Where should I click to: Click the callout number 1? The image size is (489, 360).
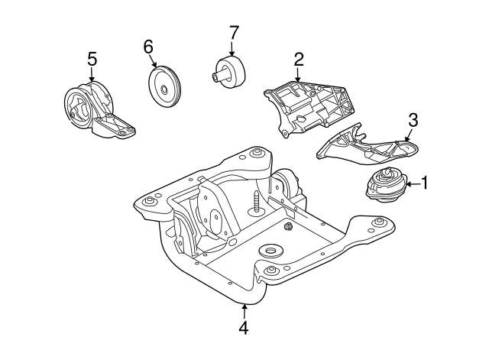[x=426, y=183]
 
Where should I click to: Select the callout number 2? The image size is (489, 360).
[x=299, y=59]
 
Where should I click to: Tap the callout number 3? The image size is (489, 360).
[x=413, y=119]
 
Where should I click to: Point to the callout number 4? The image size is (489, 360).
[x=243, y=328]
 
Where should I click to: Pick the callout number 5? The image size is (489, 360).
[x=92, y=58]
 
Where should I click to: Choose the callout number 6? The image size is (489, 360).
[x=149, y=47]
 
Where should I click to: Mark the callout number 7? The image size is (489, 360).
[x=234, y=33]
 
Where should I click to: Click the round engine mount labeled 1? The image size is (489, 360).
[x=386, y=186]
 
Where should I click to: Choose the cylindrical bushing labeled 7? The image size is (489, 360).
[x=230, y=73]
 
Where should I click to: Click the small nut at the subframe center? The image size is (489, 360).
[x=289, y=229]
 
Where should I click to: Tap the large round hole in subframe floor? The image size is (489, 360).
[x=270, y=251]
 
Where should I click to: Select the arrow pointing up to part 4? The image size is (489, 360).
[x=243, y=310]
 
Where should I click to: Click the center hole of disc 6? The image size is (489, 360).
[x=164, y=89]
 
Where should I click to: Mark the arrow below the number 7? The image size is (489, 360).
[x=233, y=49]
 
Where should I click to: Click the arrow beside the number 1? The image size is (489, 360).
[x=410, y=183]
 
